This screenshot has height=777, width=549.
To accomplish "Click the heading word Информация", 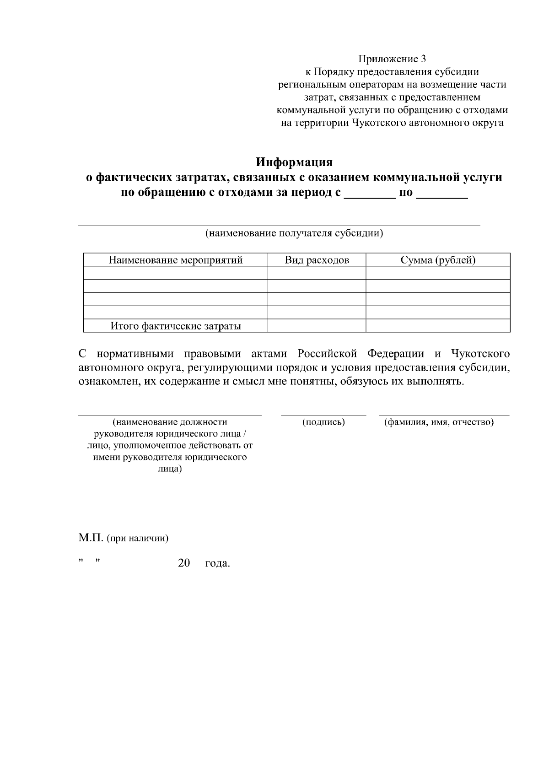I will tap(294, 162).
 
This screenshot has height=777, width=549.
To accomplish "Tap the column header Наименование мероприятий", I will tap(175, 260).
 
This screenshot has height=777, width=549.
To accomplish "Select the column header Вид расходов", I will tap(317, 260).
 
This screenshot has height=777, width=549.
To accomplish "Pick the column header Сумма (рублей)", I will tap(438, 260).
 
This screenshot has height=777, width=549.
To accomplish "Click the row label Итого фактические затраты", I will tap(175, 326).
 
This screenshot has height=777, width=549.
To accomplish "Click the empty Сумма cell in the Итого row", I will tap(438, 326).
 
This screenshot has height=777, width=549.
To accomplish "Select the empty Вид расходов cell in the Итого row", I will tap(317, 326).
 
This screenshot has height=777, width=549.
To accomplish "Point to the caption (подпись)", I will tap(323, 422).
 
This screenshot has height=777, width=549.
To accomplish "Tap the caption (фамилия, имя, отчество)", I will tap(438, 422).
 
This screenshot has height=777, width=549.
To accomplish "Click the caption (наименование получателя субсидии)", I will tap(294, 233).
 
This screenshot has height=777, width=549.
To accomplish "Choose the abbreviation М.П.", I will tap(91, 538).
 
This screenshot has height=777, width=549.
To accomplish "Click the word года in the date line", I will tap(217, 563).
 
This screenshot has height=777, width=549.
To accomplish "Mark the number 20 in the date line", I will tap(183, 563).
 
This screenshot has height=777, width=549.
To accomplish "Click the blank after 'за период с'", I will tap(369, 195).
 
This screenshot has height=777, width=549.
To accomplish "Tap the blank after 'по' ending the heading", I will tap(443, 195).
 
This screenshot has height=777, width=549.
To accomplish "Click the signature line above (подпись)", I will tap(323, 415).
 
